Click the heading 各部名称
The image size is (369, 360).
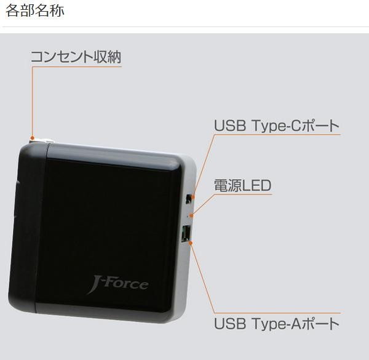pyautogui.click(x=34, y=12)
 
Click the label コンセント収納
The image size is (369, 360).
pyautogui.click(x=76, y=57)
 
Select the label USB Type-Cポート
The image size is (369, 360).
pyautogui.click(x=277, y=126)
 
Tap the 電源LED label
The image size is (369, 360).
pyautogui.click(x=242, y=186)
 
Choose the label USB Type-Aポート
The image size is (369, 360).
pyautogui.click(x=277, y=323)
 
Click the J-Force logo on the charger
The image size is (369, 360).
pyautogui.click(x=117, y=285)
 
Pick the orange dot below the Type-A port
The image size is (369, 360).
pyautogui.click(x=192, y=243)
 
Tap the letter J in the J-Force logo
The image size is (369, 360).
pyautogui.click(x=93, y=286)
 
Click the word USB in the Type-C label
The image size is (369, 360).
pyautogui.click(x=230, y=126)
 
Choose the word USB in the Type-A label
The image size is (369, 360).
pyautogui.click(x=230, y=323)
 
